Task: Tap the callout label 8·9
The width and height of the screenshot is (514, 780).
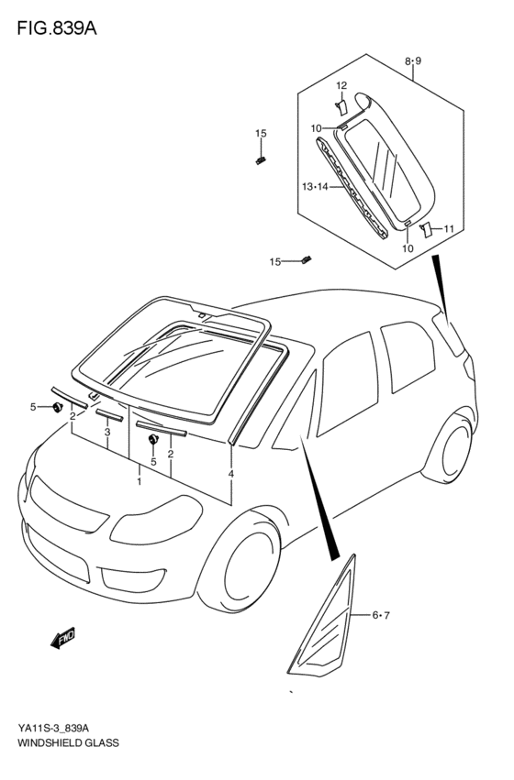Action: coord(412,61)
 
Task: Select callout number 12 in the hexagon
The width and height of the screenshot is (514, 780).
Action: coord(341,85)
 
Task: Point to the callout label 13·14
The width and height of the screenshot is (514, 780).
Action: coord(314,187)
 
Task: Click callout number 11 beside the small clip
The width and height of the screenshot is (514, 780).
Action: coord(449,228)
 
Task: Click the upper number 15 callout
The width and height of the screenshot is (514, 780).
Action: coord(261,134)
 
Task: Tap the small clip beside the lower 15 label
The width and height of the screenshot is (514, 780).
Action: coord(306,260)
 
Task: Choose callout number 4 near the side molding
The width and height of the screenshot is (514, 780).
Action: coord(231,474)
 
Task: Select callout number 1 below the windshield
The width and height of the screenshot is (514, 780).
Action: coord(139,480)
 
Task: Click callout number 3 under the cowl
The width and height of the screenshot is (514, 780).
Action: coord(107,432)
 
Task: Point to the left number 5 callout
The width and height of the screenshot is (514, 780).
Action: coord(33,406)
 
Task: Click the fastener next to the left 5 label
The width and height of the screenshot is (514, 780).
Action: coord(58,406)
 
